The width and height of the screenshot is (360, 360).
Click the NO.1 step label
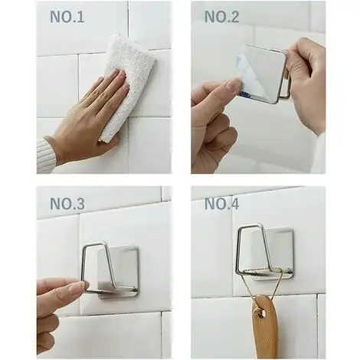tap(67, 17)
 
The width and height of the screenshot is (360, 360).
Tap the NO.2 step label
tap(221, 17)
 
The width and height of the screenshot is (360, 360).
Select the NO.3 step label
tap(67, 204)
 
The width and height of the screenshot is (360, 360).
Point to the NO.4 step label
tap(221, 204)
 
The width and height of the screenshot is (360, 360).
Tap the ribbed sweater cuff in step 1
tap(46, 155)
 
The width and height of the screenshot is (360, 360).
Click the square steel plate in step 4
tap(272, 253)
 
